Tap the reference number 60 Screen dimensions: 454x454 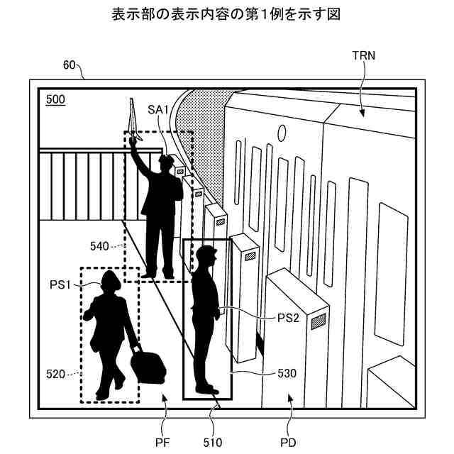(70, 65)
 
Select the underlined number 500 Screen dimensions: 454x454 (55, 99)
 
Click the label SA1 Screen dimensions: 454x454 (158, 109)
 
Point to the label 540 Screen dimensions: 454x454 (100, 246)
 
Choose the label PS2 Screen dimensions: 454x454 (287, 319)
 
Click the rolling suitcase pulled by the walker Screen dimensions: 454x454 (148, 365)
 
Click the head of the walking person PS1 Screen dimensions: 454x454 (110, 280)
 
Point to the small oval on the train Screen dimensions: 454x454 (282, 133)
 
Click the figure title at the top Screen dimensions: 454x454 (227, 14)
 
